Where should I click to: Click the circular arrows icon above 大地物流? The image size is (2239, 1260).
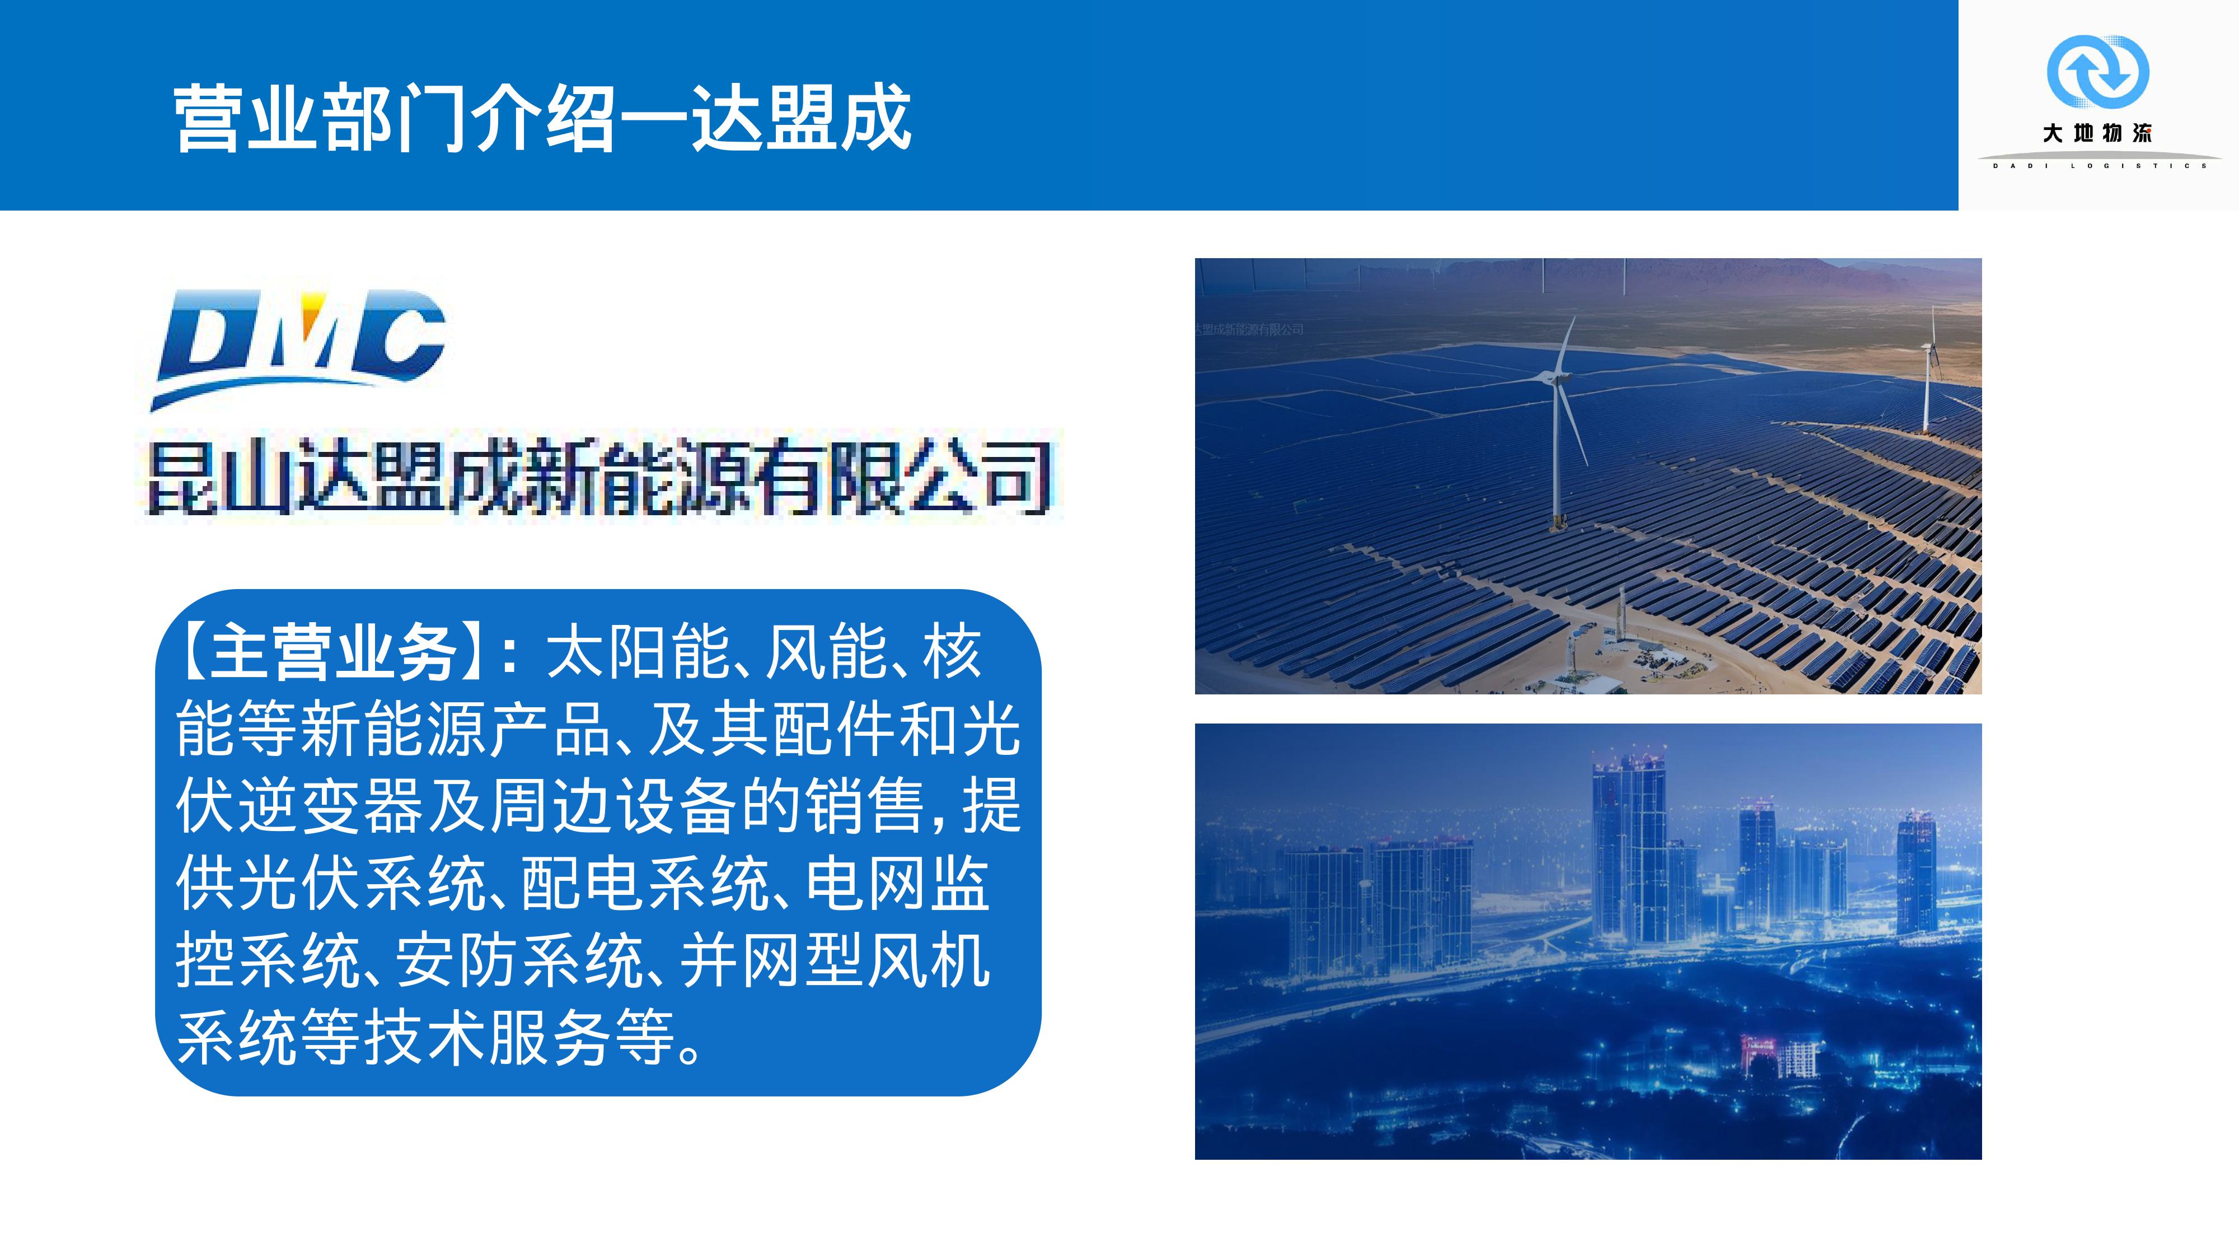[2097, 71]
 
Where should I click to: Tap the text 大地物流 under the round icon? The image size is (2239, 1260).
[2097, 133]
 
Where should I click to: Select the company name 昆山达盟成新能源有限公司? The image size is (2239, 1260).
[599, 477]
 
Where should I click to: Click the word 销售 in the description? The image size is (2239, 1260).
[863, 805]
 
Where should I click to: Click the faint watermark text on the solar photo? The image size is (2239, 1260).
[1249, 330]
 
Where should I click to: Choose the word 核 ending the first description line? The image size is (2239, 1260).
[953, 651]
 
